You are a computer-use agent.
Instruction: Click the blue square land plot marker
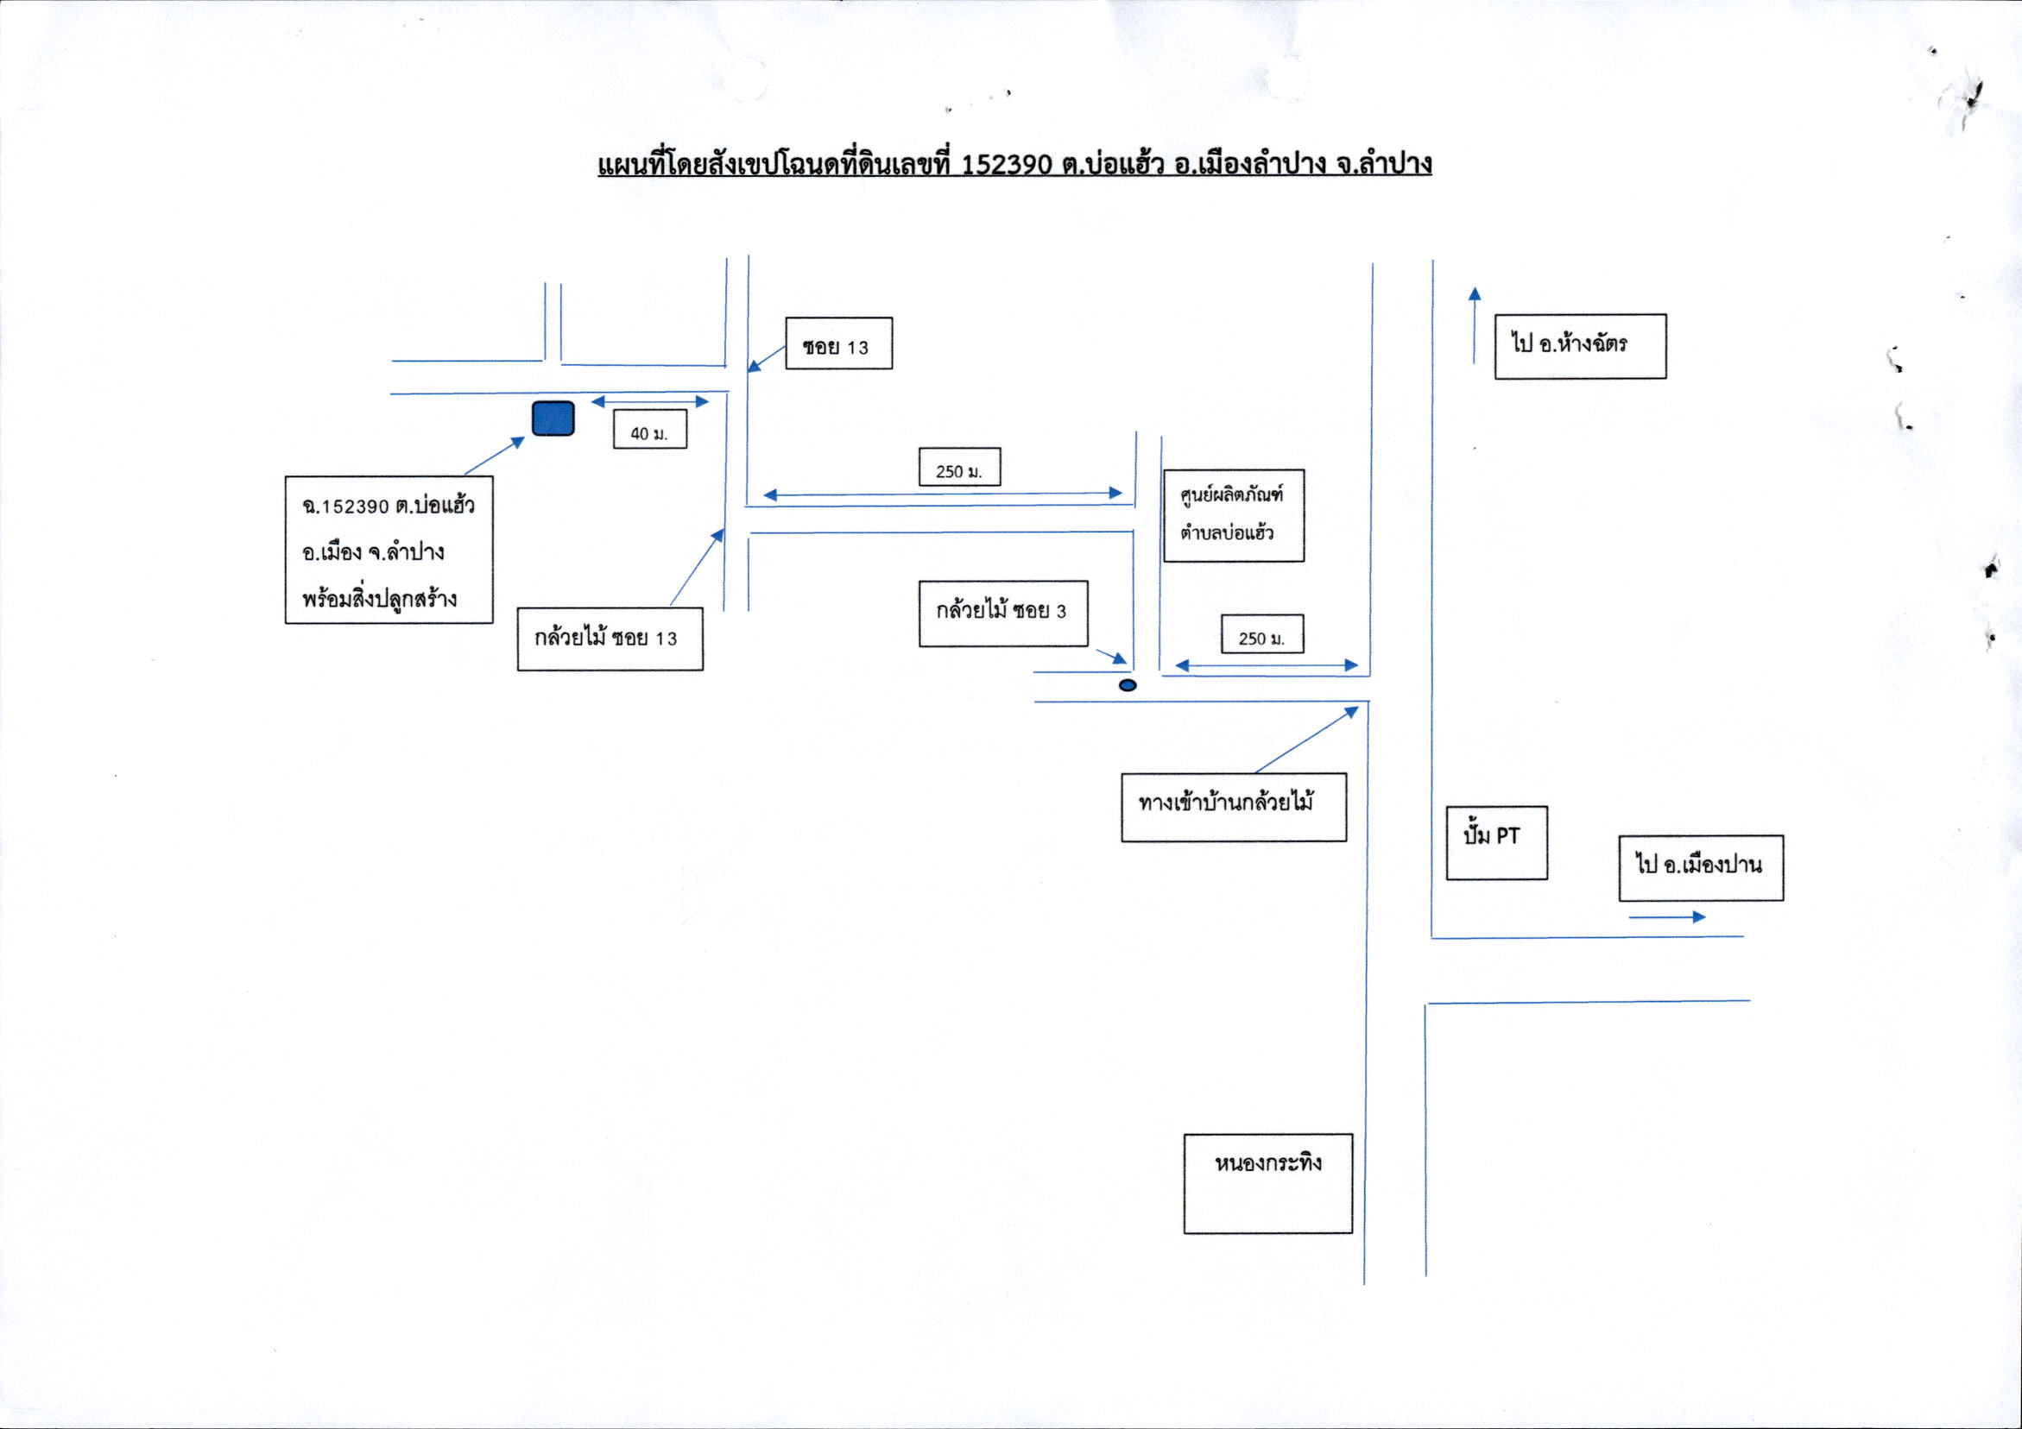point(553,419)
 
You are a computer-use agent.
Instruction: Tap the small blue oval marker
point(1128,685)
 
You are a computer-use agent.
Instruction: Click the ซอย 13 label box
point(838,343)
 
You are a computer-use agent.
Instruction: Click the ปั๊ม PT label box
point(1496,842)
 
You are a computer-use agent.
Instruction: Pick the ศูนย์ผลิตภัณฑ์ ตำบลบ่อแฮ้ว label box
point(1233,515)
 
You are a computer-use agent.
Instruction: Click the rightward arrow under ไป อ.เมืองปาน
point(1667,916)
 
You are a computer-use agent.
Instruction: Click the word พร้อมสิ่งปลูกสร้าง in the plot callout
point(380,599)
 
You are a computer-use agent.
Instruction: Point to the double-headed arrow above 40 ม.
point(650,401)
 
